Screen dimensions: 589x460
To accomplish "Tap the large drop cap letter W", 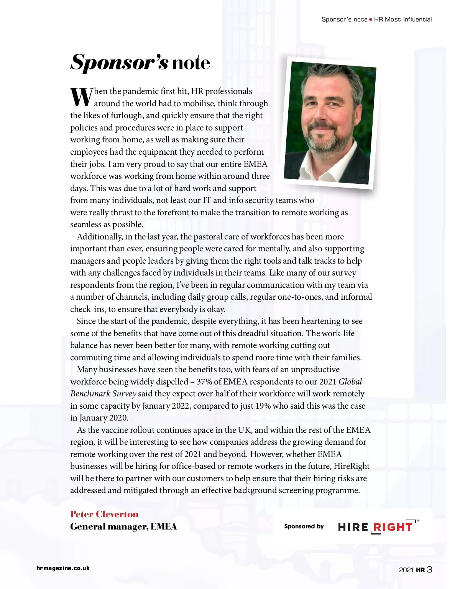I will (x=81, y=97).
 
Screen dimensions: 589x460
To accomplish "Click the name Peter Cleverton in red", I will (x=104, y=514).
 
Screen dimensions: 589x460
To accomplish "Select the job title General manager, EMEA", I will (x=123, y=526).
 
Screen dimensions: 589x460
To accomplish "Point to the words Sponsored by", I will (x=304, y=526).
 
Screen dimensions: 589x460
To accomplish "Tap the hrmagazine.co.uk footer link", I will (x=63, y=568).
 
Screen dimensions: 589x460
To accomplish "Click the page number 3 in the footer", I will (x=429, y=569).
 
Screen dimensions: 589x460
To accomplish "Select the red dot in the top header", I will (x=371, y=20).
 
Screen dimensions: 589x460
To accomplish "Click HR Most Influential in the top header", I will (x=403, y=20).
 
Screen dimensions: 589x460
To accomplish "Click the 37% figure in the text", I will (x=204, y=382).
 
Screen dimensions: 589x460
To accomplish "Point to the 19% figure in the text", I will (x=263, y=406).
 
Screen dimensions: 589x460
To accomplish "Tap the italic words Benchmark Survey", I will (x=103, y=394).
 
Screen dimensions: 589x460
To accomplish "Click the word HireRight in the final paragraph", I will (x=352, y=466).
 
